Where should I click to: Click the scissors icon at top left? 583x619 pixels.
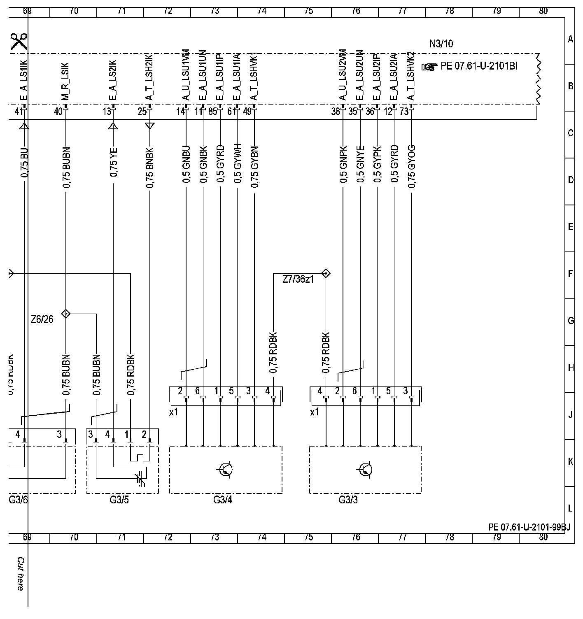click(19, 41)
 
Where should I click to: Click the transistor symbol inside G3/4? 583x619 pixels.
click(226, 469)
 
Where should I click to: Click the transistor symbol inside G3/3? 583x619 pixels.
click(366, 469)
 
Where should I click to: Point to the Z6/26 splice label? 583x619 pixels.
click(42, 319)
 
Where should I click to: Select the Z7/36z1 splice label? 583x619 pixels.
click(298, 279)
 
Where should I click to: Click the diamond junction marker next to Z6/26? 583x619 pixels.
click(65, 314)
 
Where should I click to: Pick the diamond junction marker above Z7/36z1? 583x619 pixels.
click(326, 273)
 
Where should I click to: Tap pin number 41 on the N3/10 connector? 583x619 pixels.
click(18, 111)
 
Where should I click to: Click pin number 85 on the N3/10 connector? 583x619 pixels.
click(212, 112)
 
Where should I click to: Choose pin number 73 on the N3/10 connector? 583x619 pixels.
click(404, 112)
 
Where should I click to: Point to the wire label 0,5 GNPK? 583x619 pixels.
click(343, 167)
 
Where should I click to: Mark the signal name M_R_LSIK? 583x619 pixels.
click(66, 81)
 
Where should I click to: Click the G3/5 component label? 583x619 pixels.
click(119, 500)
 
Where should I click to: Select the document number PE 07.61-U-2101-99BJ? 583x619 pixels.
click(529, 527)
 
